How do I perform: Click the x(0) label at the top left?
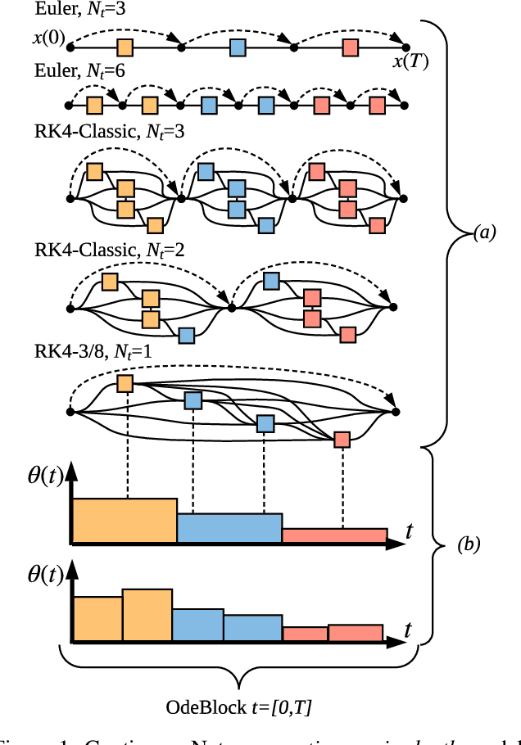50,38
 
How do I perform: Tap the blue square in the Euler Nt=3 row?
237,47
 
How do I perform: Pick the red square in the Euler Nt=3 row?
350,47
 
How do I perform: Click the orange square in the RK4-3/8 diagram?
125,383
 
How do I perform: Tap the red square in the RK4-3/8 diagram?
342,440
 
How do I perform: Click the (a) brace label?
485,233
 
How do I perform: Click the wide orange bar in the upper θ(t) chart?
124,521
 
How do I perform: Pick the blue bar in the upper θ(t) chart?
229,529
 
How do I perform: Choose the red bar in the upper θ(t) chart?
334,535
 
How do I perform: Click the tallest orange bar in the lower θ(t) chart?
147,615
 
